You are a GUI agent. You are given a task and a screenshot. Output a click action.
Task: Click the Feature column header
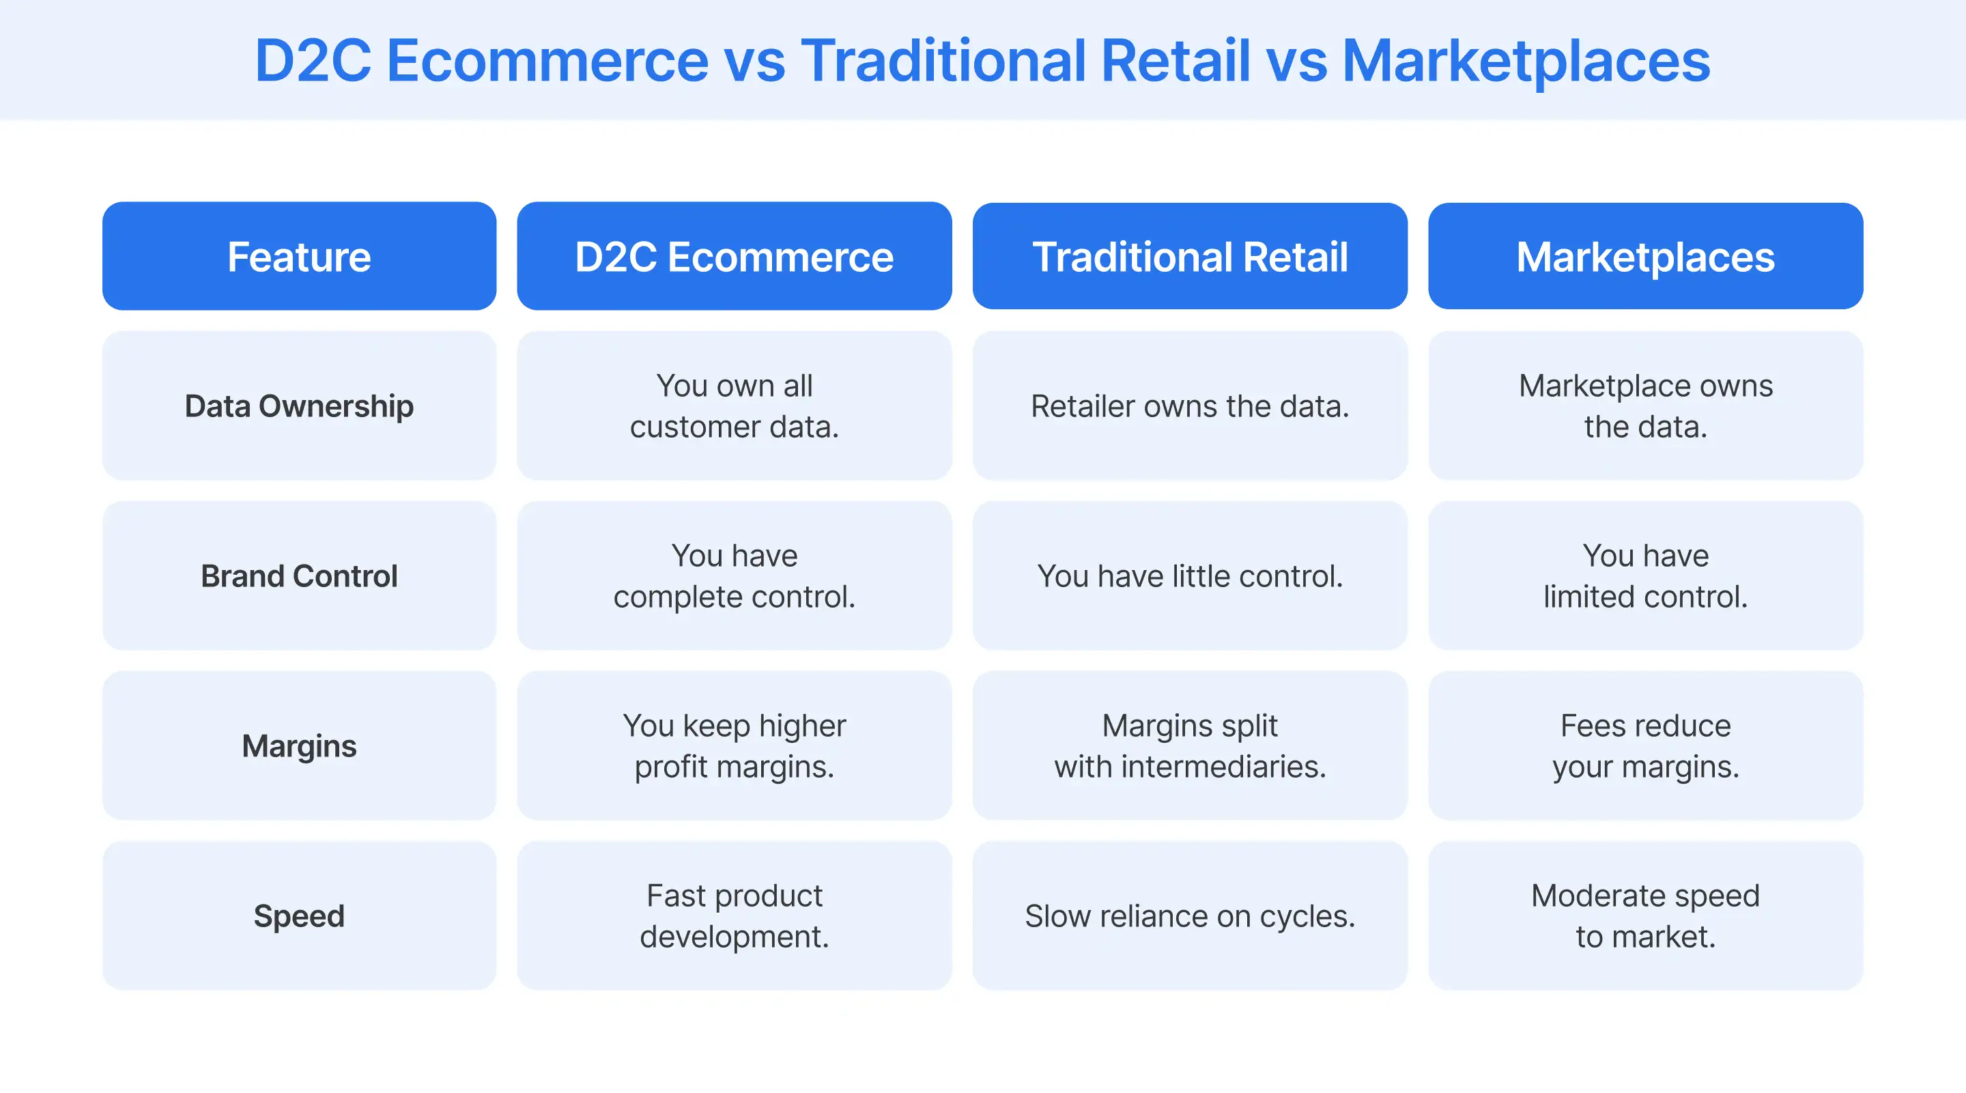coord(299,257)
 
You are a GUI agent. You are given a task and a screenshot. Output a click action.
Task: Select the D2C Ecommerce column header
coord(735,257)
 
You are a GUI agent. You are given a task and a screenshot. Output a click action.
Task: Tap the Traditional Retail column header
coord(1190,257)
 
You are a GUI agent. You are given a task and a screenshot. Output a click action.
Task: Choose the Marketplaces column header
coord(1645,257)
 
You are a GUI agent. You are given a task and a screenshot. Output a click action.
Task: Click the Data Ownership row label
coord(299,406)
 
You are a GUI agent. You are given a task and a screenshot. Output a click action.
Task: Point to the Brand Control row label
coord(299,576)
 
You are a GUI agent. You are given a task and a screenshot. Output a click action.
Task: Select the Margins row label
coord(299,746)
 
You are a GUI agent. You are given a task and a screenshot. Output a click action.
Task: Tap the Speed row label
coord(299,916)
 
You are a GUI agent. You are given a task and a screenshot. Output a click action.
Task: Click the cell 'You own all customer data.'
coord(735,406)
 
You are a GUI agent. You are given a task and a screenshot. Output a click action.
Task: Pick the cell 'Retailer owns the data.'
coord(1190,406)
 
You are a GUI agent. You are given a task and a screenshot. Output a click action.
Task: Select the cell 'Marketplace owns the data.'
coord(1645,406)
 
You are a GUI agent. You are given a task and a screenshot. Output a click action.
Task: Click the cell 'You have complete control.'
coord(735,576)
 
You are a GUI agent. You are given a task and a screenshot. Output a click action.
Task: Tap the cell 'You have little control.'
coord(1190,576)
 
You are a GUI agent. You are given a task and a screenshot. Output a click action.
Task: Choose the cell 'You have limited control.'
coord(1645,576)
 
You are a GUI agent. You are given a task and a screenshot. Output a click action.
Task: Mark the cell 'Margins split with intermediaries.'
coord(1190,746)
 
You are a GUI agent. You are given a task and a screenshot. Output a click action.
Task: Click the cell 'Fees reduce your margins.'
coord(1645,746)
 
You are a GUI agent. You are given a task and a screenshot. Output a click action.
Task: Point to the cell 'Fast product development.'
coord(735,916)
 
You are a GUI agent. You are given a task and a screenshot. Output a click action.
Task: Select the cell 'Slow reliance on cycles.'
coord(1190,916)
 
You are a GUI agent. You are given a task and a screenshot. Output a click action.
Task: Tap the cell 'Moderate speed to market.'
coord(1645,916)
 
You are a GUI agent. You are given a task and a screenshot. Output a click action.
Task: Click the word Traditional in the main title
coord(943,61)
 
